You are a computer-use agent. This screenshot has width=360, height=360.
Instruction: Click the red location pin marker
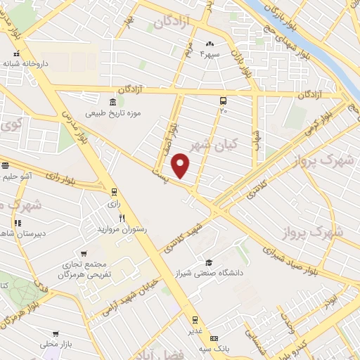182,165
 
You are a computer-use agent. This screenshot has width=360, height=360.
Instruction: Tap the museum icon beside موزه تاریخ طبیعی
112,99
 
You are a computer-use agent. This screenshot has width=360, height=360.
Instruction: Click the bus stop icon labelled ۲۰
223,100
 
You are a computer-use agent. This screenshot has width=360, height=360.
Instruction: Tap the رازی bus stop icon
114,191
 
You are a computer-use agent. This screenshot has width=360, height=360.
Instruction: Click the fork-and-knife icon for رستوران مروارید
121,218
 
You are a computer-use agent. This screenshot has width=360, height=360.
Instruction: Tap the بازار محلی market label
57,345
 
